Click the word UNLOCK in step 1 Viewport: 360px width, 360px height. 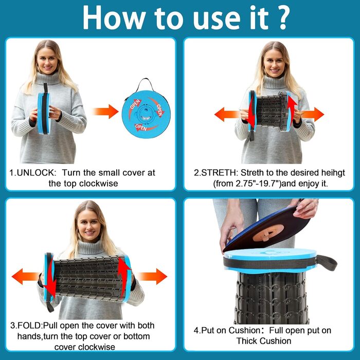pos(37,173)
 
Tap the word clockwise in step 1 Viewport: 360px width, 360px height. pos(99,184)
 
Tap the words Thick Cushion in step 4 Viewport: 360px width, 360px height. pos(264,341)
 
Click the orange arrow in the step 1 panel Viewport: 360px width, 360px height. pos(105,112)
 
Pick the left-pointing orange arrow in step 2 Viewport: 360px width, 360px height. pos(227,114)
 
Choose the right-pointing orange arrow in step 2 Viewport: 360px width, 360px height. pos(312,114)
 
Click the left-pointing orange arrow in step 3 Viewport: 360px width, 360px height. pos(26,277)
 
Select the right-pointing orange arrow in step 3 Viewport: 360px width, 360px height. pos(152,277)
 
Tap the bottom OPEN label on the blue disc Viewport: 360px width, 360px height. pos(141,127)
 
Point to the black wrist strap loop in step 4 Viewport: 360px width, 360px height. pos(327,262)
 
